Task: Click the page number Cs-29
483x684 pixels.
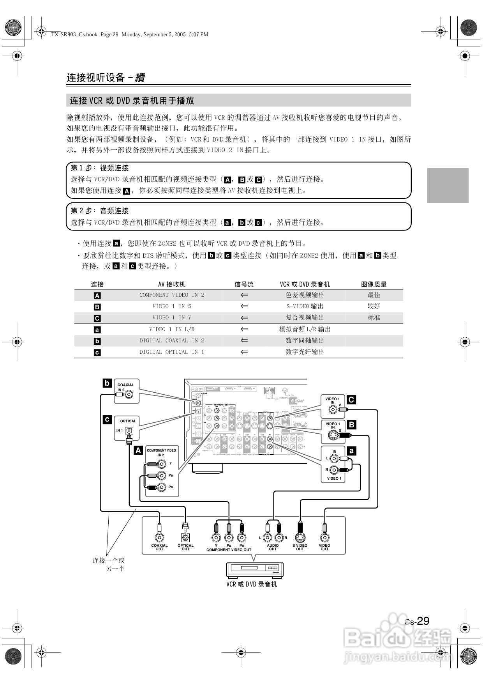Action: click(417, 621)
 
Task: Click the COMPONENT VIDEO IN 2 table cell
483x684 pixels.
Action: click(172, 295)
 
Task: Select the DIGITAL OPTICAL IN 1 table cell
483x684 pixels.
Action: click(172, 352)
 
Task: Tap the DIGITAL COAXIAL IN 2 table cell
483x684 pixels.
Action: click(172, 340)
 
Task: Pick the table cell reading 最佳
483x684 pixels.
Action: click(374, 295)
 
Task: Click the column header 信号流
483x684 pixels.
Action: click(244, 284)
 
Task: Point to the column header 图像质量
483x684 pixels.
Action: click(374, 284)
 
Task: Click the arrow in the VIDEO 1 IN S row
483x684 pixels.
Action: click(244, 307)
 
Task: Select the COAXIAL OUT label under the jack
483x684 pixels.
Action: click(159, 547)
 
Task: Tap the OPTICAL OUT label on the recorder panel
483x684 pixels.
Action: click(185, 547)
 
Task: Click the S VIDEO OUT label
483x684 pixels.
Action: click(300, 547)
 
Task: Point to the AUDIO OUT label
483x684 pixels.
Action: click(273, 547)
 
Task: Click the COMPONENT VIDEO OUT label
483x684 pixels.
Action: click(229, 550)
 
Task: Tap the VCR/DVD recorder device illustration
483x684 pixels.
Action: click(255, 570)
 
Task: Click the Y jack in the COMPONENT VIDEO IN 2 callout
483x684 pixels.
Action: click(160, 464)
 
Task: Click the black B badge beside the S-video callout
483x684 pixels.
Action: click(351, 425)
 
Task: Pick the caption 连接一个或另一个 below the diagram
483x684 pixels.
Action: click(109, 564)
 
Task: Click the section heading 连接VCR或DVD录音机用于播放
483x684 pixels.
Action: click(132, 101)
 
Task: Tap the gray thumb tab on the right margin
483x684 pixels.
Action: click(448, 185)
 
